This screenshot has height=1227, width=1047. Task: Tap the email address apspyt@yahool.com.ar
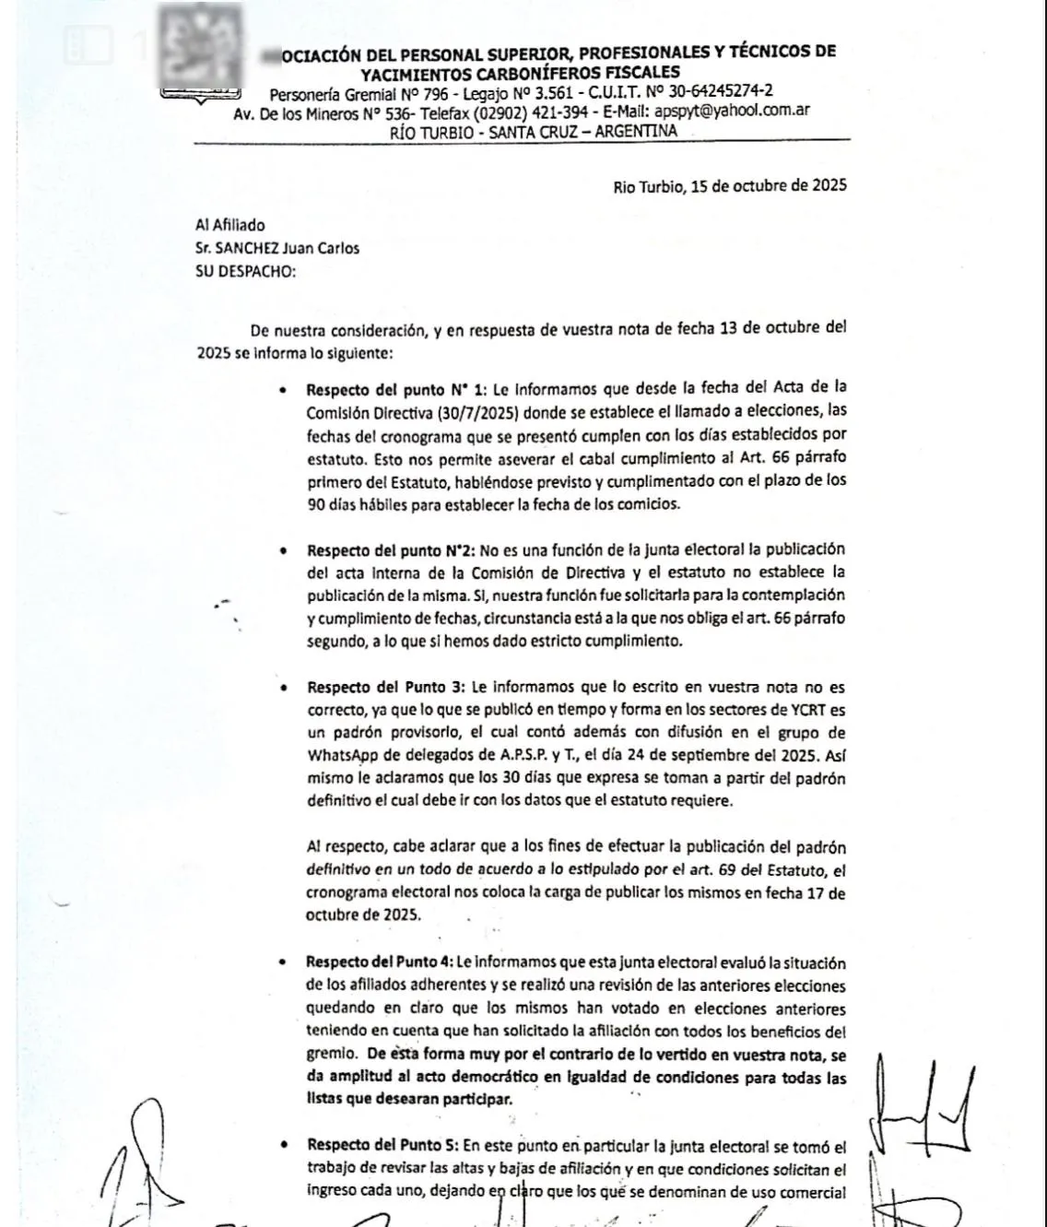pos(732,111)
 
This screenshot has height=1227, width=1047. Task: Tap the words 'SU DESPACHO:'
pos(246,272)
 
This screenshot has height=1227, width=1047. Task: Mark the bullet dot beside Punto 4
pos(285,962)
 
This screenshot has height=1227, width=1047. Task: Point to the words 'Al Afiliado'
pos(230,225)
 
